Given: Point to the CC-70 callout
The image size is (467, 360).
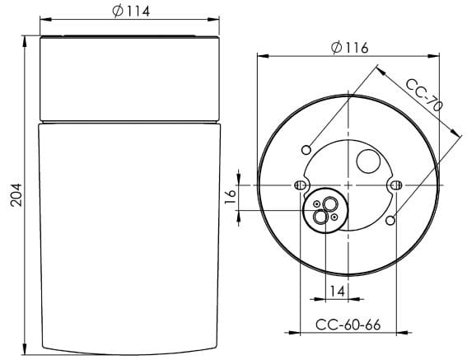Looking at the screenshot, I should (x=425, y=95).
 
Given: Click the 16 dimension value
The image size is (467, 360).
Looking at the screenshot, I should (x=231, y=195).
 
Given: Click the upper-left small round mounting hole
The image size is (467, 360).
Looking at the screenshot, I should (x=306, y=148).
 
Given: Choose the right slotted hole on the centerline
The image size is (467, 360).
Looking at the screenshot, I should (x=397, y=185).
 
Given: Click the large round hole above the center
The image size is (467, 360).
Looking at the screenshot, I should (x=367, y=161).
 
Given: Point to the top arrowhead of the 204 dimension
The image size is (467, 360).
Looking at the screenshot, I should (x=27, y=40).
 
